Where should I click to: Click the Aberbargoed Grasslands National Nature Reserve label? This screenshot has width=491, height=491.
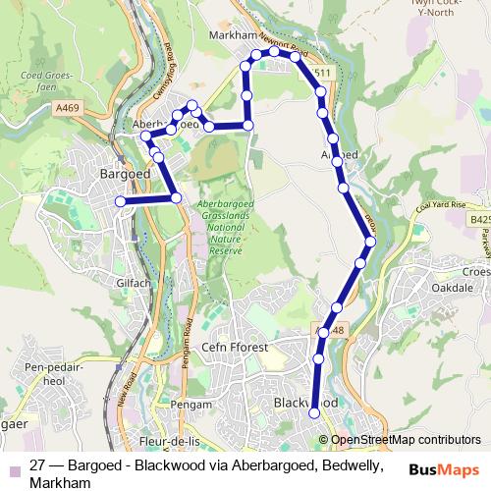click(x=225, y=227)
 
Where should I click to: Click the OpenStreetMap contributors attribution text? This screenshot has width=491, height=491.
click(x=406, y=441)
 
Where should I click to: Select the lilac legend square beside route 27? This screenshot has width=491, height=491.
click(x=13, y=466)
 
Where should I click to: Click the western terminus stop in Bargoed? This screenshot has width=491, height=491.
click(x=121, y=201)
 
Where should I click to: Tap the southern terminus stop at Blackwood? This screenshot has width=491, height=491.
click(x=315, y=413)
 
